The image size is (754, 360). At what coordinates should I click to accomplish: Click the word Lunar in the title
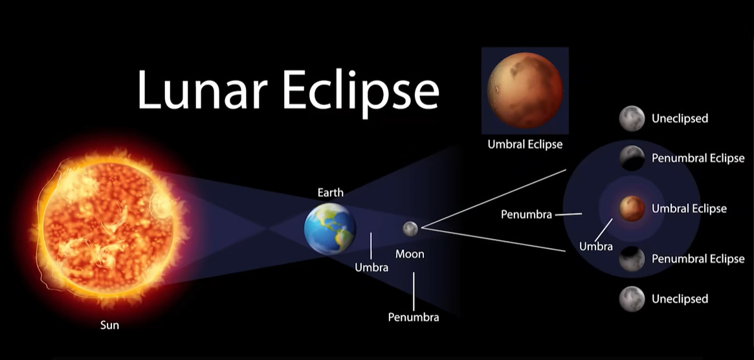click(201, 90)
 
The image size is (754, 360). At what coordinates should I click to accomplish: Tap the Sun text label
click(109, 325)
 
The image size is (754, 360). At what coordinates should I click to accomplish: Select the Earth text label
click(330, 192)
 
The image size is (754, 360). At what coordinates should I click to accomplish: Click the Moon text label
click(410, 254)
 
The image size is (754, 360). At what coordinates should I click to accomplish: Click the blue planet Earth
click(330, 228)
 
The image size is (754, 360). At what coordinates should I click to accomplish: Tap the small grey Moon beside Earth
click(410, 229)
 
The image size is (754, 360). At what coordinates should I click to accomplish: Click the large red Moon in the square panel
click(525, 90)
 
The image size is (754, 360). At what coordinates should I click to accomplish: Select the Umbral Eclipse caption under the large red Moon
click(525, 144)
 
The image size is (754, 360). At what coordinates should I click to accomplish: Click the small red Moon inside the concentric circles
click(632, 208)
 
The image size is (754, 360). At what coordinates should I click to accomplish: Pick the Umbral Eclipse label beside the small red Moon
click(689, 208)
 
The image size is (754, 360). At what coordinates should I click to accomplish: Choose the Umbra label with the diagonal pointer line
click(596, 247)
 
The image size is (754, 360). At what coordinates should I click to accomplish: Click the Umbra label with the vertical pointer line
click(371, 267)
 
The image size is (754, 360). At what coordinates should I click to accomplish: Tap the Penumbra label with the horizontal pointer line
click(526, 214)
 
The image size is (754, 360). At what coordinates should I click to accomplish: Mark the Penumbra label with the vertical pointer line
click(414, 317)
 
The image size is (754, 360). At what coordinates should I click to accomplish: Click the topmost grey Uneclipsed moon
click(632, 118)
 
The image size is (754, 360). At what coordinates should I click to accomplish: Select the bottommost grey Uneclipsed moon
click(632, 299)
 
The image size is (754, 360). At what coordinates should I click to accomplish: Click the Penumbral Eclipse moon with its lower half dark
click(632, 158)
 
